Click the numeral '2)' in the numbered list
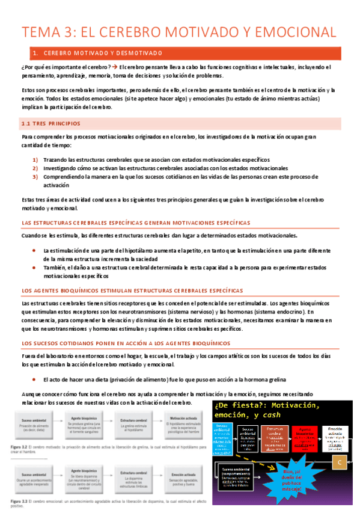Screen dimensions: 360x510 pos(35,168)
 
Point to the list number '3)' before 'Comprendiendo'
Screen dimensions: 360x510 pos(35,177)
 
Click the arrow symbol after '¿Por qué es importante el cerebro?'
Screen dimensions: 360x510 pos(114,67)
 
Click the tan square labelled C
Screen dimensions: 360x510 pos(340,462)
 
